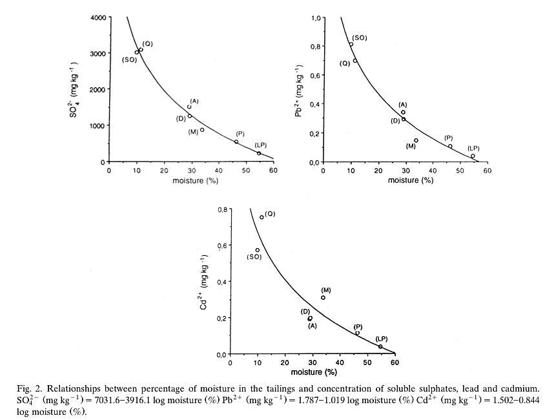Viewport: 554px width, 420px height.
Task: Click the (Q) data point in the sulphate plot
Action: (x=141, y=50)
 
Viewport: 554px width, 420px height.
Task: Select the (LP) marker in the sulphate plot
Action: (x=259, y=153)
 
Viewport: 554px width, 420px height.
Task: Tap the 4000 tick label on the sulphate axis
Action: (x=97, y=17)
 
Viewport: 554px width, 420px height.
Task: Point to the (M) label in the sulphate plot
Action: (x=193, y=132)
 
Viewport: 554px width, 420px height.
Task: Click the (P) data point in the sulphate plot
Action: (x=236, y=142)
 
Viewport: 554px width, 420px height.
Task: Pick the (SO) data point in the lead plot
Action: (x=351, y=45)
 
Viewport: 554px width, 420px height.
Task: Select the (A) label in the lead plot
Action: (x=403, y=105)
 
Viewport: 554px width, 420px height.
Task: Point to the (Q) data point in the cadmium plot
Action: (x=262, y=217)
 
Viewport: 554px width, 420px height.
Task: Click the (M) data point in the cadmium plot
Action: (x=323, y=298)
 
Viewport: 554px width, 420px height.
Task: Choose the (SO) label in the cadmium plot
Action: (x=254, y=257)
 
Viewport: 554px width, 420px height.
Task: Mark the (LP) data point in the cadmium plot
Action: (x=380, y=347)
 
